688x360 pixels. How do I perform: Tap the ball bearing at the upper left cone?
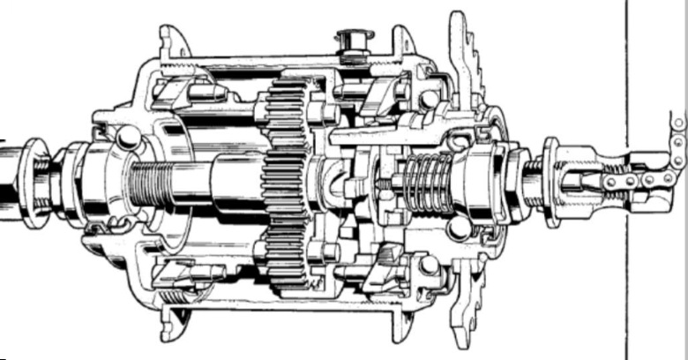tap(129, 136)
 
